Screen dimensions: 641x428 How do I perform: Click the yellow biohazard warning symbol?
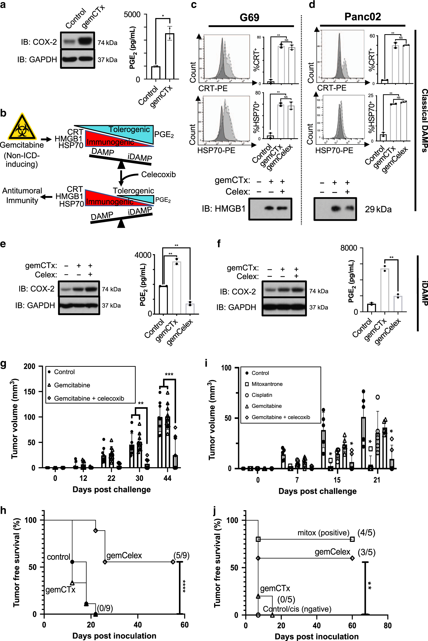22,127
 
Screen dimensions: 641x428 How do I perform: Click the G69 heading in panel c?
249,17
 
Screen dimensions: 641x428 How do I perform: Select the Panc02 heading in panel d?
363,17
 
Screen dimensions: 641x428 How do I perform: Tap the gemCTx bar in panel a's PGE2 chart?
169,56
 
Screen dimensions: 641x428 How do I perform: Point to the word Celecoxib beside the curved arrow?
158,174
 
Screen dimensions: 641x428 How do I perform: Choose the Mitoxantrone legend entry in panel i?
267,384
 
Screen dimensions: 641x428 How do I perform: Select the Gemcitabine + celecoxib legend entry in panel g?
89,398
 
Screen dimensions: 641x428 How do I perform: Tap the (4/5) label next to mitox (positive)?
366,533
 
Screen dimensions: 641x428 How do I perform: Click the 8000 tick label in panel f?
349,248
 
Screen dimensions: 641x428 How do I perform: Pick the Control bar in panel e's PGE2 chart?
163,300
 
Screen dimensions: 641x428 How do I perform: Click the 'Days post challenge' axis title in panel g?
111,489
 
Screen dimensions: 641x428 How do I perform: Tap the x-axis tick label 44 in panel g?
167,478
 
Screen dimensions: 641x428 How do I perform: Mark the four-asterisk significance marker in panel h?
184,586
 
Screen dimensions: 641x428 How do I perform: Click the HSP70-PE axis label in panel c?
216,150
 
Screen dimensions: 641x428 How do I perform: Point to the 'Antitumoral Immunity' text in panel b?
22,195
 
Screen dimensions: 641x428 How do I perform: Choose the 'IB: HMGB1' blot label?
224,208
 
